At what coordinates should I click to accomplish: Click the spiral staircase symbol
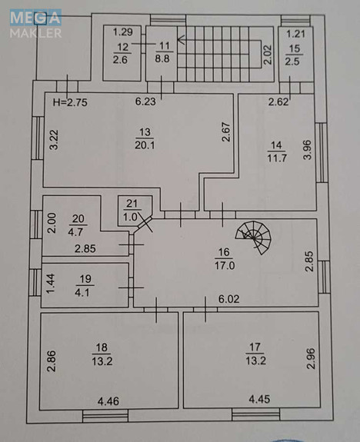point(253,238)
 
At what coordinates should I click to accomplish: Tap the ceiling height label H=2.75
point(70,102)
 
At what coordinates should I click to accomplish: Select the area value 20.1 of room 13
point(145,145)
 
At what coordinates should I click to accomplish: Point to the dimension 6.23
point(145,101)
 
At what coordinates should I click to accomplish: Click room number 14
point(276,145)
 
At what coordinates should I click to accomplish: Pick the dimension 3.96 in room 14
point(307,150)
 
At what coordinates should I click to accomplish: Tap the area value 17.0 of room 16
point(225,265)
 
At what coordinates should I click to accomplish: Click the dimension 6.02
point(228,299)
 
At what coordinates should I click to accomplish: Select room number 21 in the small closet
point(132,204)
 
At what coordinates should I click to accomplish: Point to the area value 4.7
point(75,232)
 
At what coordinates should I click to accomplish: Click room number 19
point(85,279)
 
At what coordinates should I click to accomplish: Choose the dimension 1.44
point(51,284)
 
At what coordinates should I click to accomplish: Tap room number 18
point(102,347)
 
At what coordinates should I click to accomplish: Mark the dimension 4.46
point(108,401)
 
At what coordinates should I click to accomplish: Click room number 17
point(255,347)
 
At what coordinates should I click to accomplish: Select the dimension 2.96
point(310,358)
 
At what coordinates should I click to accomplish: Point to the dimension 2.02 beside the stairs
point(267,55)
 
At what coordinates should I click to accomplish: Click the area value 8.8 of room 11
point(162,58)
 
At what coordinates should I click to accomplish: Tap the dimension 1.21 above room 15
point(295,34)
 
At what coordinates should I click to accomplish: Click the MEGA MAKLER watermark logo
point(35,24)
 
